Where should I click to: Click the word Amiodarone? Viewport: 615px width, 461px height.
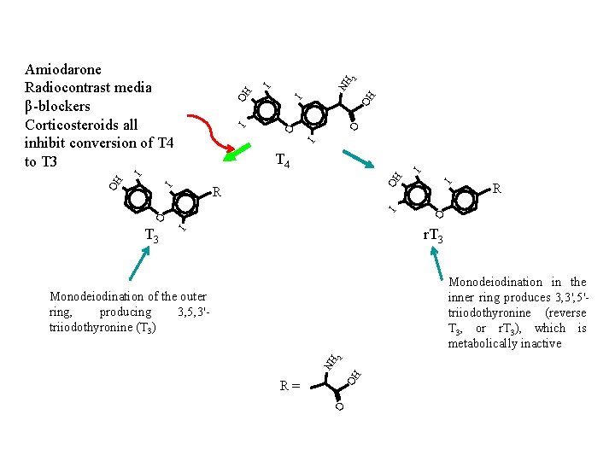pyautogui.click(x=63, y=69)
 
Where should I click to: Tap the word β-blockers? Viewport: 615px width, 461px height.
pyautogui.click(x=58, y=106)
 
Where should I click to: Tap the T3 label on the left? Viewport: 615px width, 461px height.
pyautogui.click(x=151, y=236)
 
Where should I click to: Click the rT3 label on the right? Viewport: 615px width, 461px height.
pyautogui.click(x=432, y=236)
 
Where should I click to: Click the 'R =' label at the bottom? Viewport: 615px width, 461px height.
pyautogui.click(x=290, y=386)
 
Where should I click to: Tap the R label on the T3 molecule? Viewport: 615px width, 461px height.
pyautogui.click(x=217, y=192)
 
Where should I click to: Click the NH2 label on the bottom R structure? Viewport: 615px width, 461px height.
pyautogui.click(x=332, y=359)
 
